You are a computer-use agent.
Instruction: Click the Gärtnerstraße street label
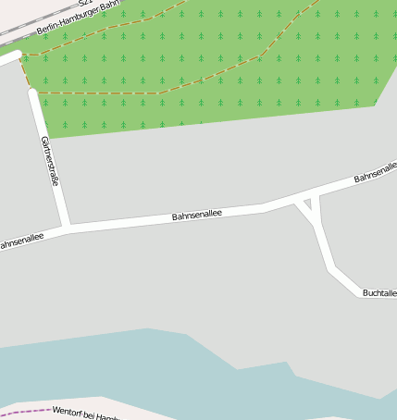coord(50,162)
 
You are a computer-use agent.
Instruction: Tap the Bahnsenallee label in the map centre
coord(198,216)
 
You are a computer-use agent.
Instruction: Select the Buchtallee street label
coord(379,292)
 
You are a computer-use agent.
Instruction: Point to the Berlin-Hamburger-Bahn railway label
coord(78,19)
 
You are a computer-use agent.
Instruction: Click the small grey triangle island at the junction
coord(308,203)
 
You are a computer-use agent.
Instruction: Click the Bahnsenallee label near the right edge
coord(375,173)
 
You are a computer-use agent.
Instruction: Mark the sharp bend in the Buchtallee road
coord(331,270)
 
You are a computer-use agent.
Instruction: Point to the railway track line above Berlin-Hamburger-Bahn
coord(28,29)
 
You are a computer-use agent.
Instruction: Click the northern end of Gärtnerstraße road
coord(34,94)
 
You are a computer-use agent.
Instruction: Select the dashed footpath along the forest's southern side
coord(102,93)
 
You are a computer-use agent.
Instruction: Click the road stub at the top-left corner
coord(9,58)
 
